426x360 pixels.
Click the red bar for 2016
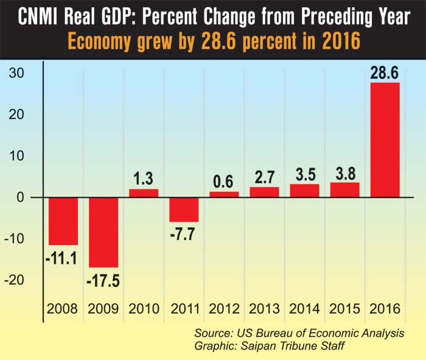[x=385, y=139]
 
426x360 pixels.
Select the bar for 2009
[x=104, y=232]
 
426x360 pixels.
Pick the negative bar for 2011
[x=184, y=210]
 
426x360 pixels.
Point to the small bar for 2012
[x=224, y=194]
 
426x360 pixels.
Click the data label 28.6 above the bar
[x=385, y=72]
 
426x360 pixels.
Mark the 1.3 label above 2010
[x=144, y=179]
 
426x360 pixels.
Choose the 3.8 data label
[x=344, y=172]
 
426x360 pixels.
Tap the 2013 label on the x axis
[x=264, y=309]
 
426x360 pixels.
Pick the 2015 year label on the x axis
[x=344, y=309]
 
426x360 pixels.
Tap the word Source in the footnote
[x=213, y=334]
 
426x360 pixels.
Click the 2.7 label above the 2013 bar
[x=264, y=177]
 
